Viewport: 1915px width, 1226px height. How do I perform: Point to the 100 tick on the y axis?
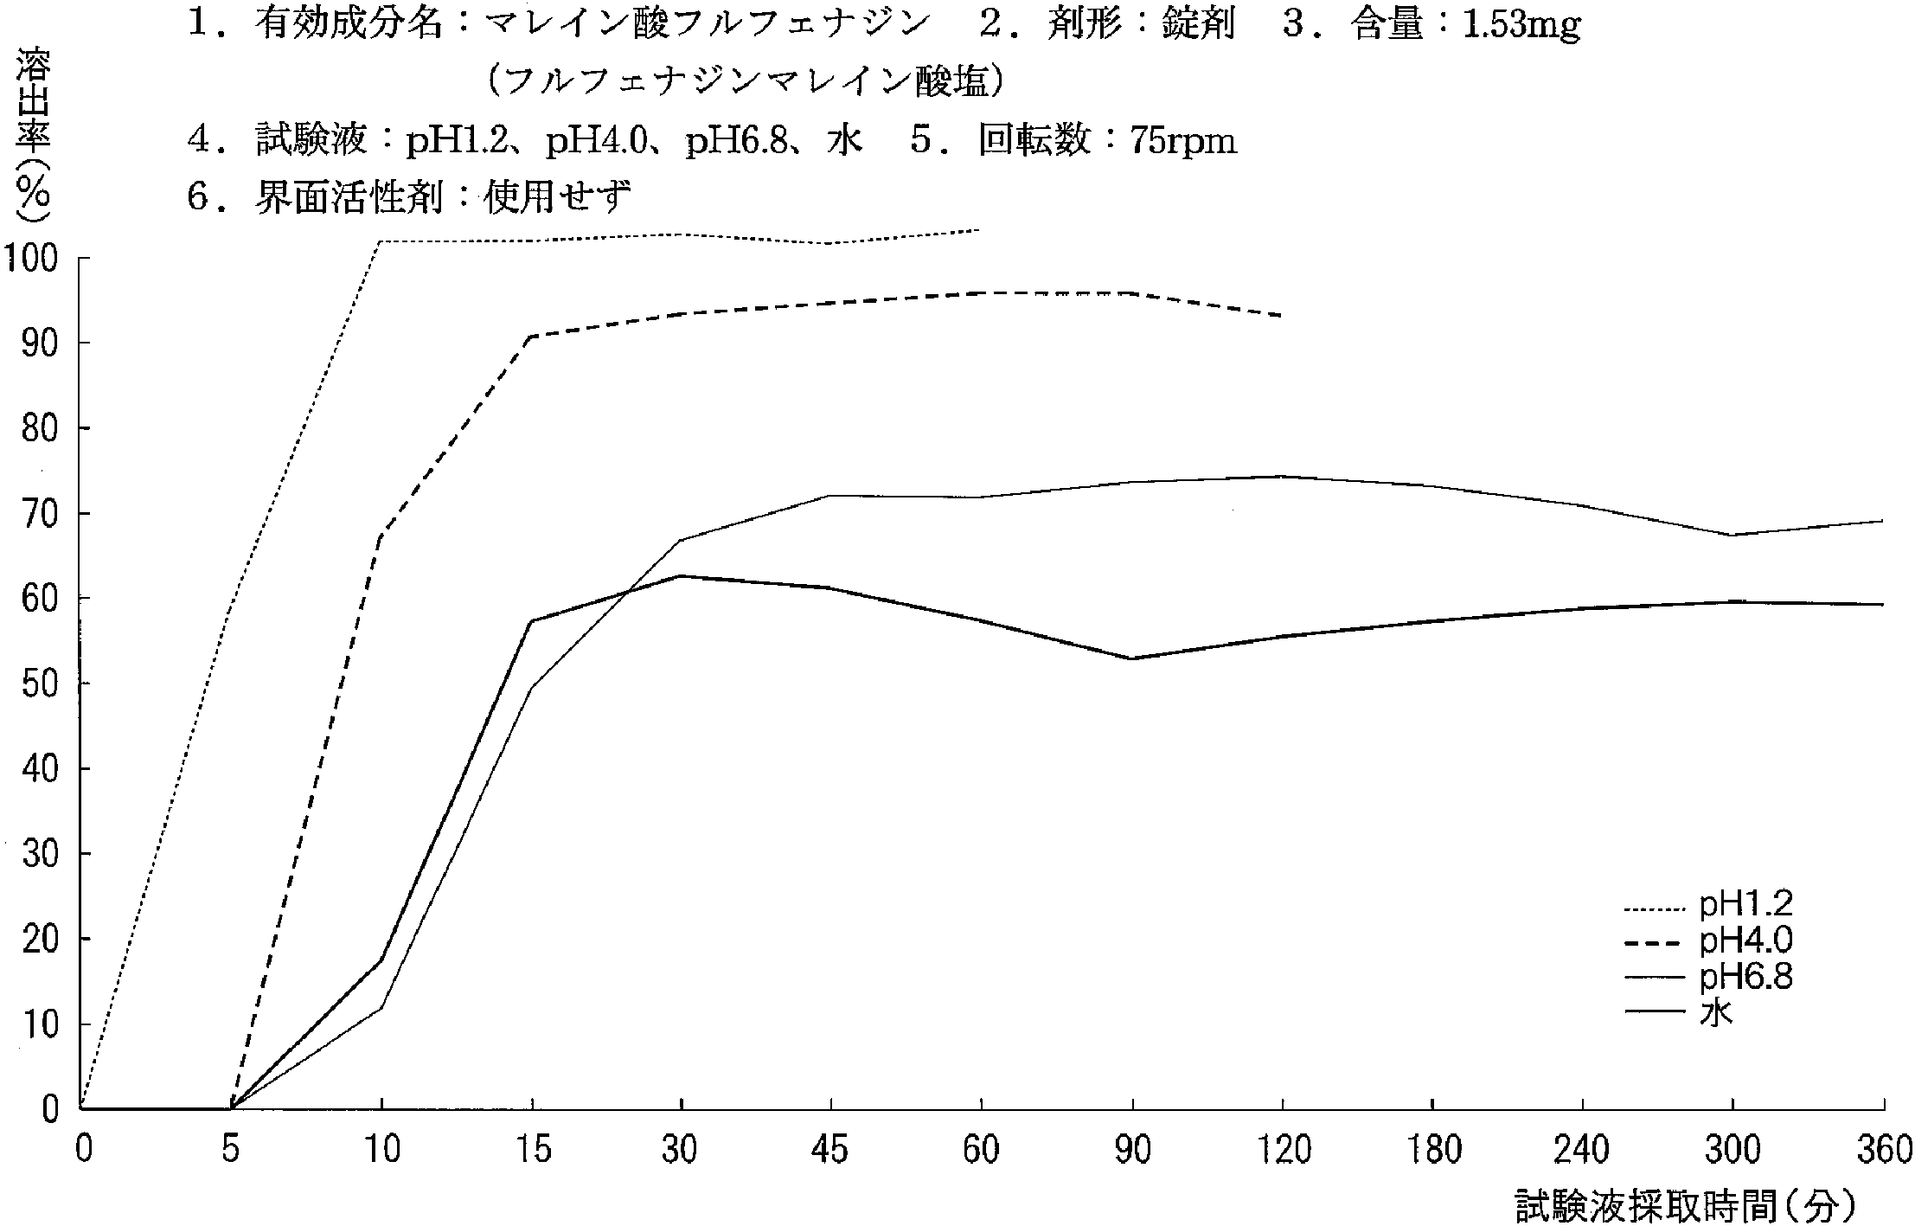[31, 259]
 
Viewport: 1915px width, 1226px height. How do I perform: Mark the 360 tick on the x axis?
[1883, 1151]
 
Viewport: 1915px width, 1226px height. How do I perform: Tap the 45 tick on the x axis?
[830, 1151]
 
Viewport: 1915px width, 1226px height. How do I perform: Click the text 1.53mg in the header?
[1521, 26]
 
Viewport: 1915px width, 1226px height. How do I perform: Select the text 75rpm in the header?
[1183, 140]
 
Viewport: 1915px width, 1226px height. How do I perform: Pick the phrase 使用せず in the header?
[557, 197]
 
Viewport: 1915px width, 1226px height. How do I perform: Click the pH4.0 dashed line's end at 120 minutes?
[1280, 316]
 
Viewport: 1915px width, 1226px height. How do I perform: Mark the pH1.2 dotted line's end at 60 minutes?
[979, 230]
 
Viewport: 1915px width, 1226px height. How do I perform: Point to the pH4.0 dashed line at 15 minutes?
[532, 336]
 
